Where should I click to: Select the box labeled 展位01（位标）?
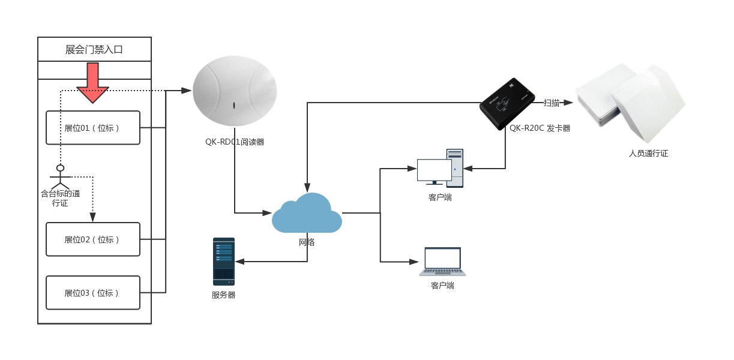[x=93, y=128]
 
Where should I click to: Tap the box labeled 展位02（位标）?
[x=93, y=239]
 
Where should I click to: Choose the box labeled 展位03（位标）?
[x=93, y=293]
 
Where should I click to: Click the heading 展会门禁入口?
[x=94, y=49]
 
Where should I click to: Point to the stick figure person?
[x=60, y=176]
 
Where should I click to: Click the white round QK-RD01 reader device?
[x=234, y=91]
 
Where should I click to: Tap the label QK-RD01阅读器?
[x=234, y=142]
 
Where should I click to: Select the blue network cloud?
[x=307, y=214]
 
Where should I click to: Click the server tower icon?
[x=224, y=261]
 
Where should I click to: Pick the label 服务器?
[x=223, y=295]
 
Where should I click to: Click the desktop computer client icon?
[x=440, y=169]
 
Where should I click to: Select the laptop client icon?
[x=442, y=262]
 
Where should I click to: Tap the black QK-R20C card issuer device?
[x=507, y=103]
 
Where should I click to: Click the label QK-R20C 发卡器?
[x=540, y=128]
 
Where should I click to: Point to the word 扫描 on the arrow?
[x=551, y=103]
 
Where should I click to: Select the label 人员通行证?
[x=648, y=154]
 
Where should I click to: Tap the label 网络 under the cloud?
[x=307, y=242]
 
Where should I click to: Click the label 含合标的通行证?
[x=60, y=198]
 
